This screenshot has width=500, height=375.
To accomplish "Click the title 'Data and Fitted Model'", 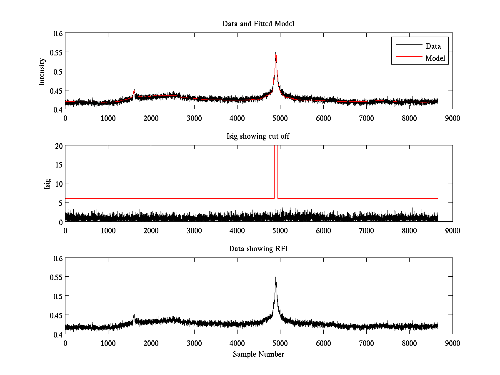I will [258, 24].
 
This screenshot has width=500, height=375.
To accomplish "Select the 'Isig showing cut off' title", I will [258, 136].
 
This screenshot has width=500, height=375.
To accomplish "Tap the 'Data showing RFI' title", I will [258, 249].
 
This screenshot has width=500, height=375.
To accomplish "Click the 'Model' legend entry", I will [435, 58].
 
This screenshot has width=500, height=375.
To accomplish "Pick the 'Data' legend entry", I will [433, 46].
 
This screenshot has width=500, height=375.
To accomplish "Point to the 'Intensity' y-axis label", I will [42, 72].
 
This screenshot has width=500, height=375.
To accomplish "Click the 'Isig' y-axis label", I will [47, 184].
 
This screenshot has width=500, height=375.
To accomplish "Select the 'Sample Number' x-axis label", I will [258, 354].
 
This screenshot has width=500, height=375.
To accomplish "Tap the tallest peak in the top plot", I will [276, 53].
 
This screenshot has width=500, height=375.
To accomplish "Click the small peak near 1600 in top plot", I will [134, 90].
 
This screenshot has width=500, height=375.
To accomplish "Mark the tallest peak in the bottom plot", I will [276, 277].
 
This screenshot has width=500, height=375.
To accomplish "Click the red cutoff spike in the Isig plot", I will [276, 167].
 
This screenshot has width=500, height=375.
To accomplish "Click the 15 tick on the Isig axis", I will [58, 165].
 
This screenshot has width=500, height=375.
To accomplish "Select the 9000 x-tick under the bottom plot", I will [452, 343].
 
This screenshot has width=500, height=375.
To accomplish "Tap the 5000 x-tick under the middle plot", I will [280, 230].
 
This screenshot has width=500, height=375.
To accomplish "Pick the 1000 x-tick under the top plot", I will [108, 118].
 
